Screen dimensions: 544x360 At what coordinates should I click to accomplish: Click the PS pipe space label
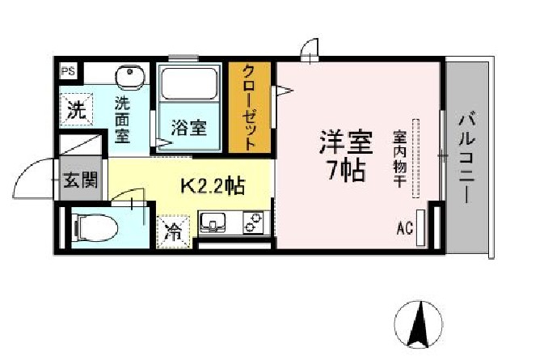point(69,71)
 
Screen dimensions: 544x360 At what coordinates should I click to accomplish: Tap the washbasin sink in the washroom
point(130,77)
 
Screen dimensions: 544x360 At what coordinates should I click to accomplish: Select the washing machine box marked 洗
point(77,109)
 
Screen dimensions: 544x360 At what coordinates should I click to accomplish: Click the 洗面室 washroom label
point(122,120)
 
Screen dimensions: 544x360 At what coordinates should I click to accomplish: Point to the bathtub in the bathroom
point(189,84)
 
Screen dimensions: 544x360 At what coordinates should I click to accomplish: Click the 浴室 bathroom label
point(189,128)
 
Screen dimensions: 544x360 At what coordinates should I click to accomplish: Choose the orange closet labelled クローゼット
point(250,108)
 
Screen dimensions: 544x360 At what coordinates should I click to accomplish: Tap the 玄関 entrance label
point(81,180)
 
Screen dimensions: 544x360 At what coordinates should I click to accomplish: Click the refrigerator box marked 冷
point(174,232)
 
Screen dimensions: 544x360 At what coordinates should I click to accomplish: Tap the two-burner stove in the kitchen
point(254,222)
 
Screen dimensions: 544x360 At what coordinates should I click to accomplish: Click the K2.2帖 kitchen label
point(213,186)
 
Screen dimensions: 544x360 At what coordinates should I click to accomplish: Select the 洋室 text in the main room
point(346,142)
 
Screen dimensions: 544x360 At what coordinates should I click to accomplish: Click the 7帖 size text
point(346,170)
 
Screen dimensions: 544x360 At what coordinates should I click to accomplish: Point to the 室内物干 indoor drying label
point(399,159)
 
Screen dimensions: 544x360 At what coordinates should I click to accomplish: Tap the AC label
point(405,228)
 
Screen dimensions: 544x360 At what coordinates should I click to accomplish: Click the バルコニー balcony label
point(467,157)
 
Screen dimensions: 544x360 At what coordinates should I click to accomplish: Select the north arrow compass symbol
point(419,324)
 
